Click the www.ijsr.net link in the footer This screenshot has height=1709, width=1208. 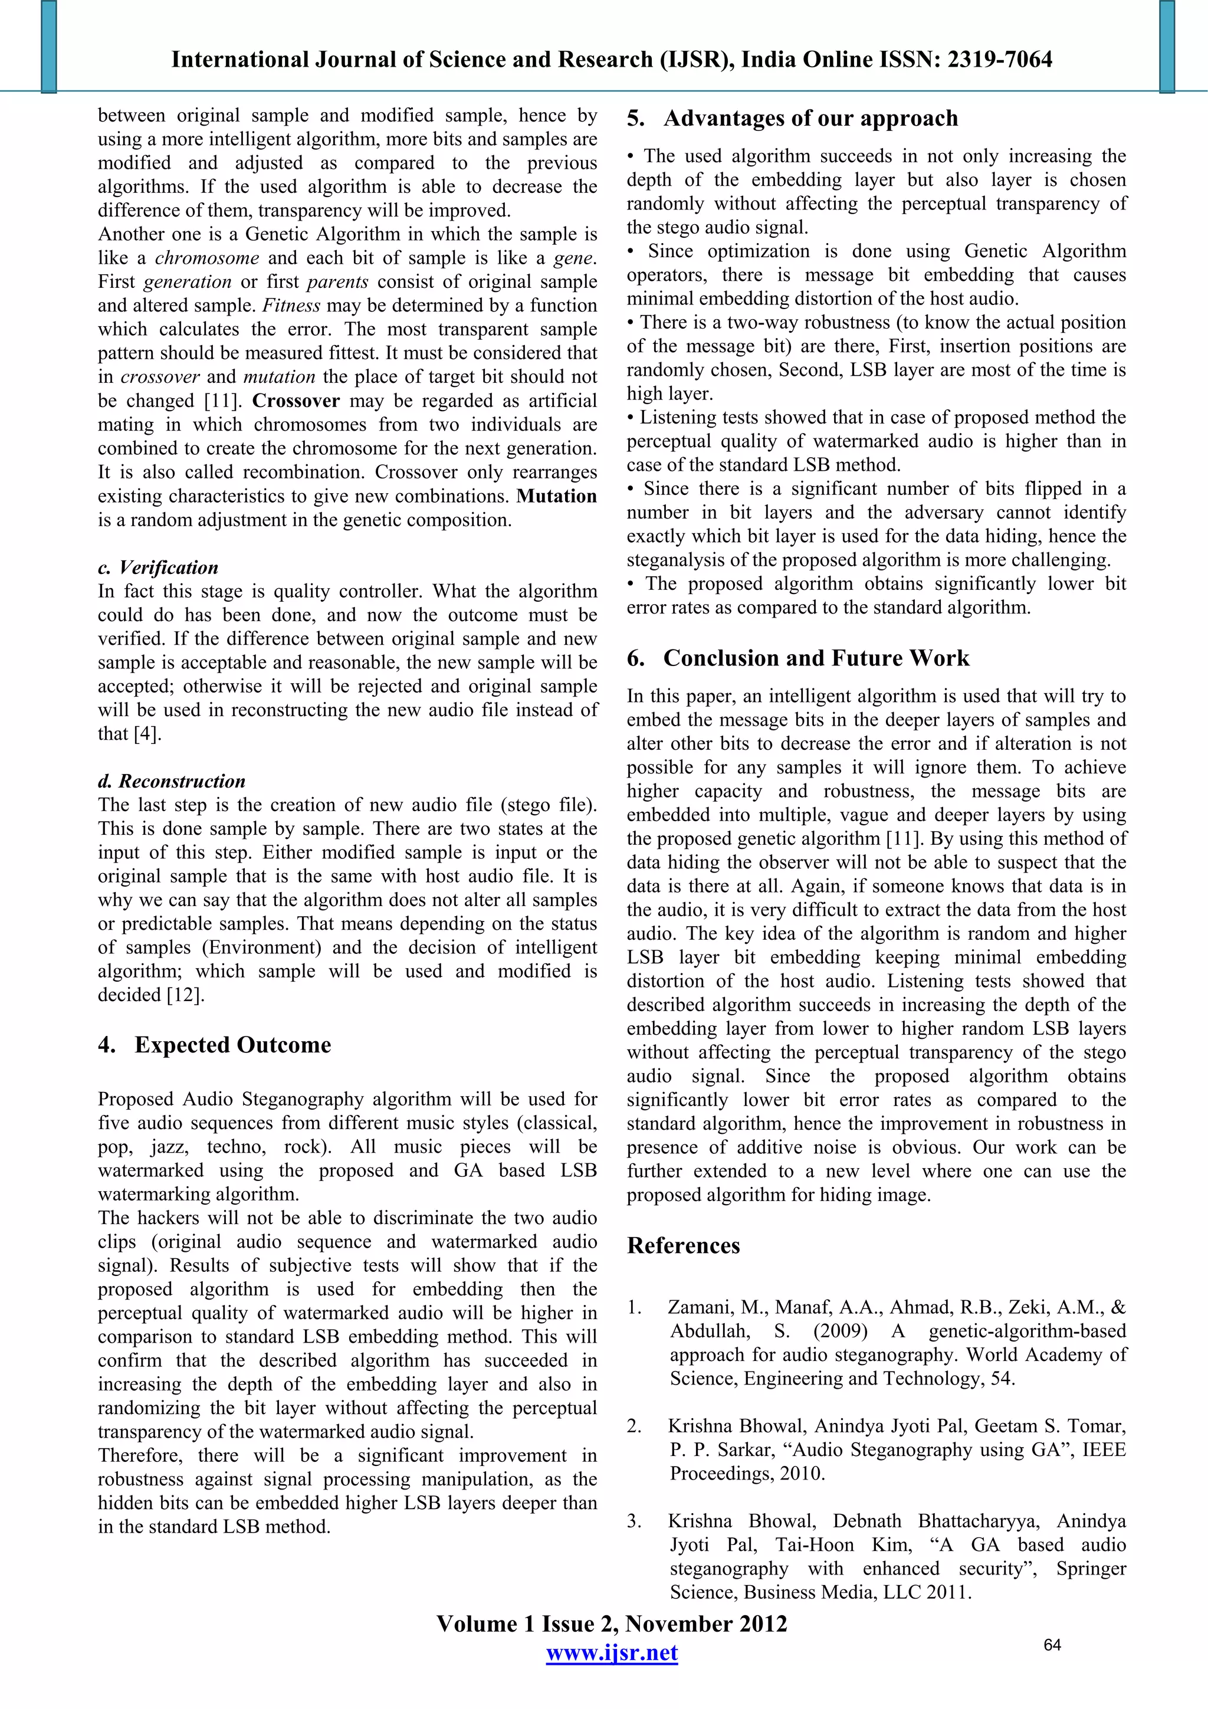click(x=611, y=1652)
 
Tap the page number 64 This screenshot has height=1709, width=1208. click(x=1052, y=1645)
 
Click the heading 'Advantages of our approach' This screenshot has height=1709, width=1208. click(x=810, y=119)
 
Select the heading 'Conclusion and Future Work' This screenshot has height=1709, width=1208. click(x=816, y=658)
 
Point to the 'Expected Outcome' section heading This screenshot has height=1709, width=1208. click(x=232, y=1045)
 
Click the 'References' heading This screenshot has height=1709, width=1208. click(x=683, y=1246)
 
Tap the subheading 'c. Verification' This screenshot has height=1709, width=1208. click(x=158, y=567)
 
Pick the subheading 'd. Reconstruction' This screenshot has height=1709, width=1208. click(x=171, y=781)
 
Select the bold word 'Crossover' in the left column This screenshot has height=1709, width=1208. click(x=296, y=401)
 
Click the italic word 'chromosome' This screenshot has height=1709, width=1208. click(x=207, y=258)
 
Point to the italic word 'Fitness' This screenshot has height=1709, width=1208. click(x=291, y=305)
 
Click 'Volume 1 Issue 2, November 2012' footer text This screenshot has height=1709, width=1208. click(x=611, y=1623)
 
